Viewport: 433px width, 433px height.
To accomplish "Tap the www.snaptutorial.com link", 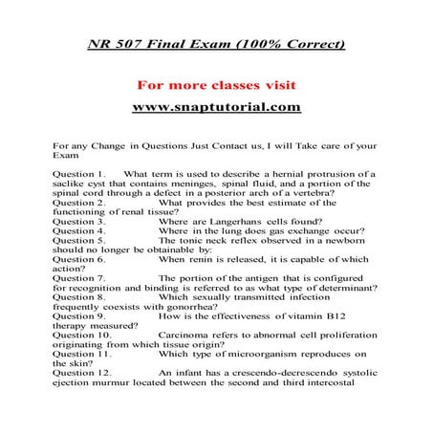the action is [216, 106].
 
